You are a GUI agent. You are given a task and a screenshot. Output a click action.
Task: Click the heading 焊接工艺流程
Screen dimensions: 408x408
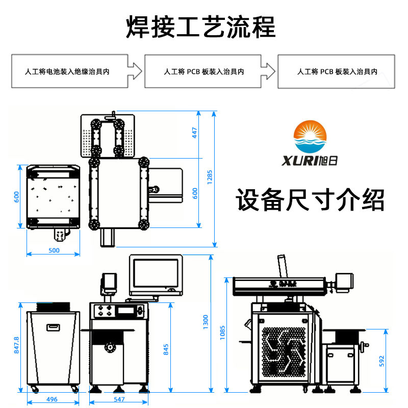tap(200, 27)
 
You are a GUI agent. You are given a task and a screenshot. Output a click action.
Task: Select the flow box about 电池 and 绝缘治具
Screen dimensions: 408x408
tap(70, 71)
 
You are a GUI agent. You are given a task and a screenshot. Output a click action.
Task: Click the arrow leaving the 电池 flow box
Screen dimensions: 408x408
tap(135, 71)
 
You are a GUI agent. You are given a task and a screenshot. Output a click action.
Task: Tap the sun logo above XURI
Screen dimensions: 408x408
tap(310, 136)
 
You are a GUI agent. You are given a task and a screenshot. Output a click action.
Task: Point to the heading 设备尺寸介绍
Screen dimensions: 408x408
tap(310, 199)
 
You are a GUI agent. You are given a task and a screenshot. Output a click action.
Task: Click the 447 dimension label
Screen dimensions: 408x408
tap(194, 133)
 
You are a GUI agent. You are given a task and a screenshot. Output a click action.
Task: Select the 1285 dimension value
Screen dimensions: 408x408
tap(210, 177)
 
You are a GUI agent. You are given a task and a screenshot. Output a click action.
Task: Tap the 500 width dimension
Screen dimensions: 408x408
tap(54, 250)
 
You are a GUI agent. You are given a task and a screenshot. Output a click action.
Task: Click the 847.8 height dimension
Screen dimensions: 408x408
tap(16, 345)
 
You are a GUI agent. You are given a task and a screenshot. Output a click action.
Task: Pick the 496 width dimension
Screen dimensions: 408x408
tap(52, 399)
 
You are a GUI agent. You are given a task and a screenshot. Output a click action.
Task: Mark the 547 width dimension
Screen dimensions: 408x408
tap(119, 399)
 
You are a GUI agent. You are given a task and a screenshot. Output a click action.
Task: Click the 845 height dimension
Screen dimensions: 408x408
tap(166, 349)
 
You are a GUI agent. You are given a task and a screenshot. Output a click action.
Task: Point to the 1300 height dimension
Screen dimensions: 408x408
tap(206, 322)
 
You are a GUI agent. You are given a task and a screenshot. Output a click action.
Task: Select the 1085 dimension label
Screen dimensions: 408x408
tap(222, 333)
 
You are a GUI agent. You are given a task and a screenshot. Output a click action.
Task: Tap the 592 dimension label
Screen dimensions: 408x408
tap(381, 361)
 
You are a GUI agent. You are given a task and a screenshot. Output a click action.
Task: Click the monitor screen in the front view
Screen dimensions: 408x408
tap(156, 273)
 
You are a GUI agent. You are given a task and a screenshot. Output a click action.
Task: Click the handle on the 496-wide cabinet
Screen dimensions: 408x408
tap(53, 327)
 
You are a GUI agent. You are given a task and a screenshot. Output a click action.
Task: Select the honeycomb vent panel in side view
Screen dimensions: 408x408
tap(284, 352)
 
